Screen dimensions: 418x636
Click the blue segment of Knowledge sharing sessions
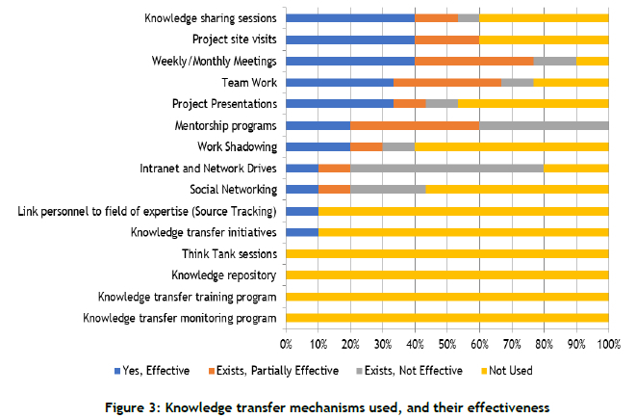click(x=350, y=17)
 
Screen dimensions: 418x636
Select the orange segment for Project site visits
click(x=447, y=39)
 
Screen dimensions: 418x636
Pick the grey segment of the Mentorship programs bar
click(x=544, y=125)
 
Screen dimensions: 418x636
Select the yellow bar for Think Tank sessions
click(x=447, y=254)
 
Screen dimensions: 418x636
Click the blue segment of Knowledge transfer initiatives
click(x=302, y=232)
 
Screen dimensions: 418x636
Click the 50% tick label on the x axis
click(x=447, y=343)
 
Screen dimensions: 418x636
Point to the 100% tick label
click(x=608, y=343)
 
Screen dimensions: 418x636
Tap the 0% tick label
click(x=286, y=343)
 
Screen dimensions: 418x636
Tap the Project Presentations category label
click(x=225, y=104)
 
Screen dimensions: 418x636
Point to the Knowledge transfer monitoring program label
click(x=180, y=318)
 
